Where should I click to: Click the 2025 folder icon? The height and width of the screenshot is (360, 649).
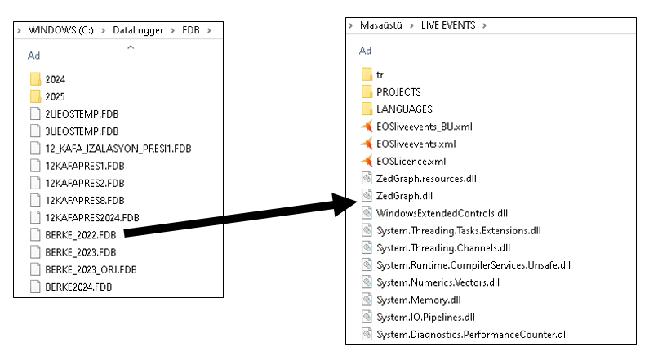[x=36, y=96]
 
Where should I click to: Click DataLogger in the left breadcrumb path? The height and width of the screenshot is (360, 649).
[x=138, y=30]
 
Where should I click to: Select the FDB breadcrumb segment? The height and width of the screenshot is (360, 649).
[x=191, y=30]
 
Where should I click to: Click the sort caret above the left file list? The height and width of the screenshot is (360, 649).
[x=131, y=47]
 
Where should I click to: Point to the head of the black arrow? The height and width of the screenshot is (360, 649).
[x=356, y=202]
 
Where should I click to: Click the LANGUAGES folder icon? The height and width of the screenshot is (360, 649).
[x=367, y=109]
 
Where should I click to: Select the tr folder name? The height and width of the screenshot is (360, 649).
[x=380, y=75]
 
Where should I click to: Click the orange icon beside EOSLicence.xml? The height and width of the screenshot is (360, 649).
[x=367, y=161]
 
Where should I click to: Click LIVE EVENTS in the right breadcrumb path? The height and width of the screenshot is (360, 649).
[x=448, y=25]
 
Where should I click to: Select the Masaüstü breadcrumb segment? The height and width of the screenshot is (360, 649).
[x=380, y=25]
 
